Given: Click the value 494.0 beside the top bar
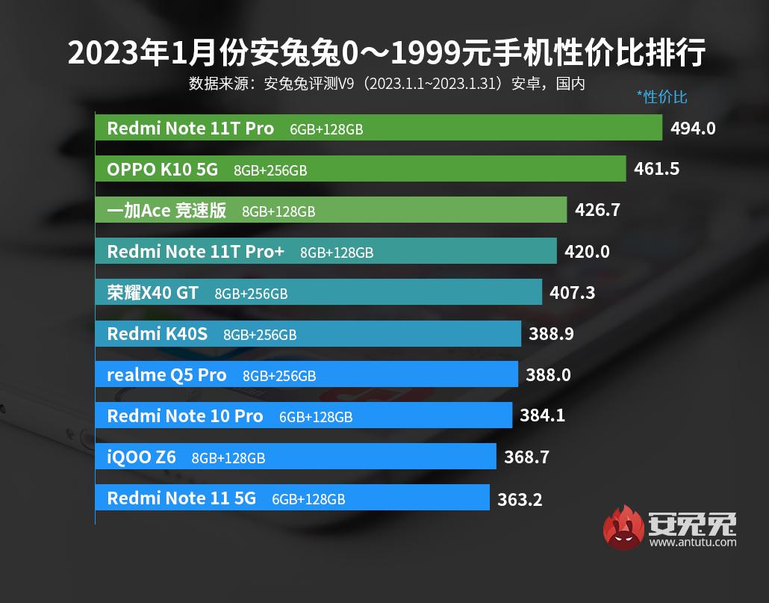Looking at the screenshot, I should pos(693,129).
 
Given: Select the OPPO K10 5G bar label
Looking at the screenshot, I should pos(162,170).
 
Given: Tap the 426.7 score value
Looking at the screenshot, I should pos(597,211).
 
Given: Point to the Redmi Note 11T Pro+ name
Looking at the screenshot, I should pos(196,252).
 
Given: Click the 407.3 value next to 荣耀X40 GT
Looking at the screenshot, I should pos(572,293).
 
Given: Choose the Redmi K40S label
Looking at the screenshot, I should pos(157,334).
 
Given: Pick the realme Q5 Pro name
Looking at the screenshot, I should pos(166,375).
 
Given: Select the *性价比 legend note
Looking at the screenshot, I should pos(661,97).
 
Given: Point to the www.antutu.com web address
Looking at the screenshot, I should pos(692,542).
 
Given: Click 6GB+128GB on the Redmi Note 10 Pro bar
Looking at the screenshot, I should pos(316,417).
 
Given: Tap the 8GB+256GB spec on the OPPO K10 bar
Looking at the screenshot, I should pos(270,170).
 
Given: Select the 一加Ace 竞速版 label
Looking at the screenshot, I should pos(166,211).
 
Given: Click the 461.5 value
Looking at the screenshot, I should pos(656,170).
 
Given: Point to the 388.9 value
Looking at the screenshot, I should pos(551,334).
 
